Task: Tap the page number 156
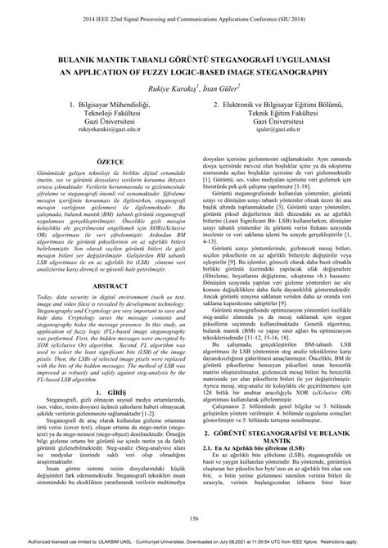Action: [x=194, y=519]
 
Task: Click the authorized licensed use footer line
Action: [x=194, y=541]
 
